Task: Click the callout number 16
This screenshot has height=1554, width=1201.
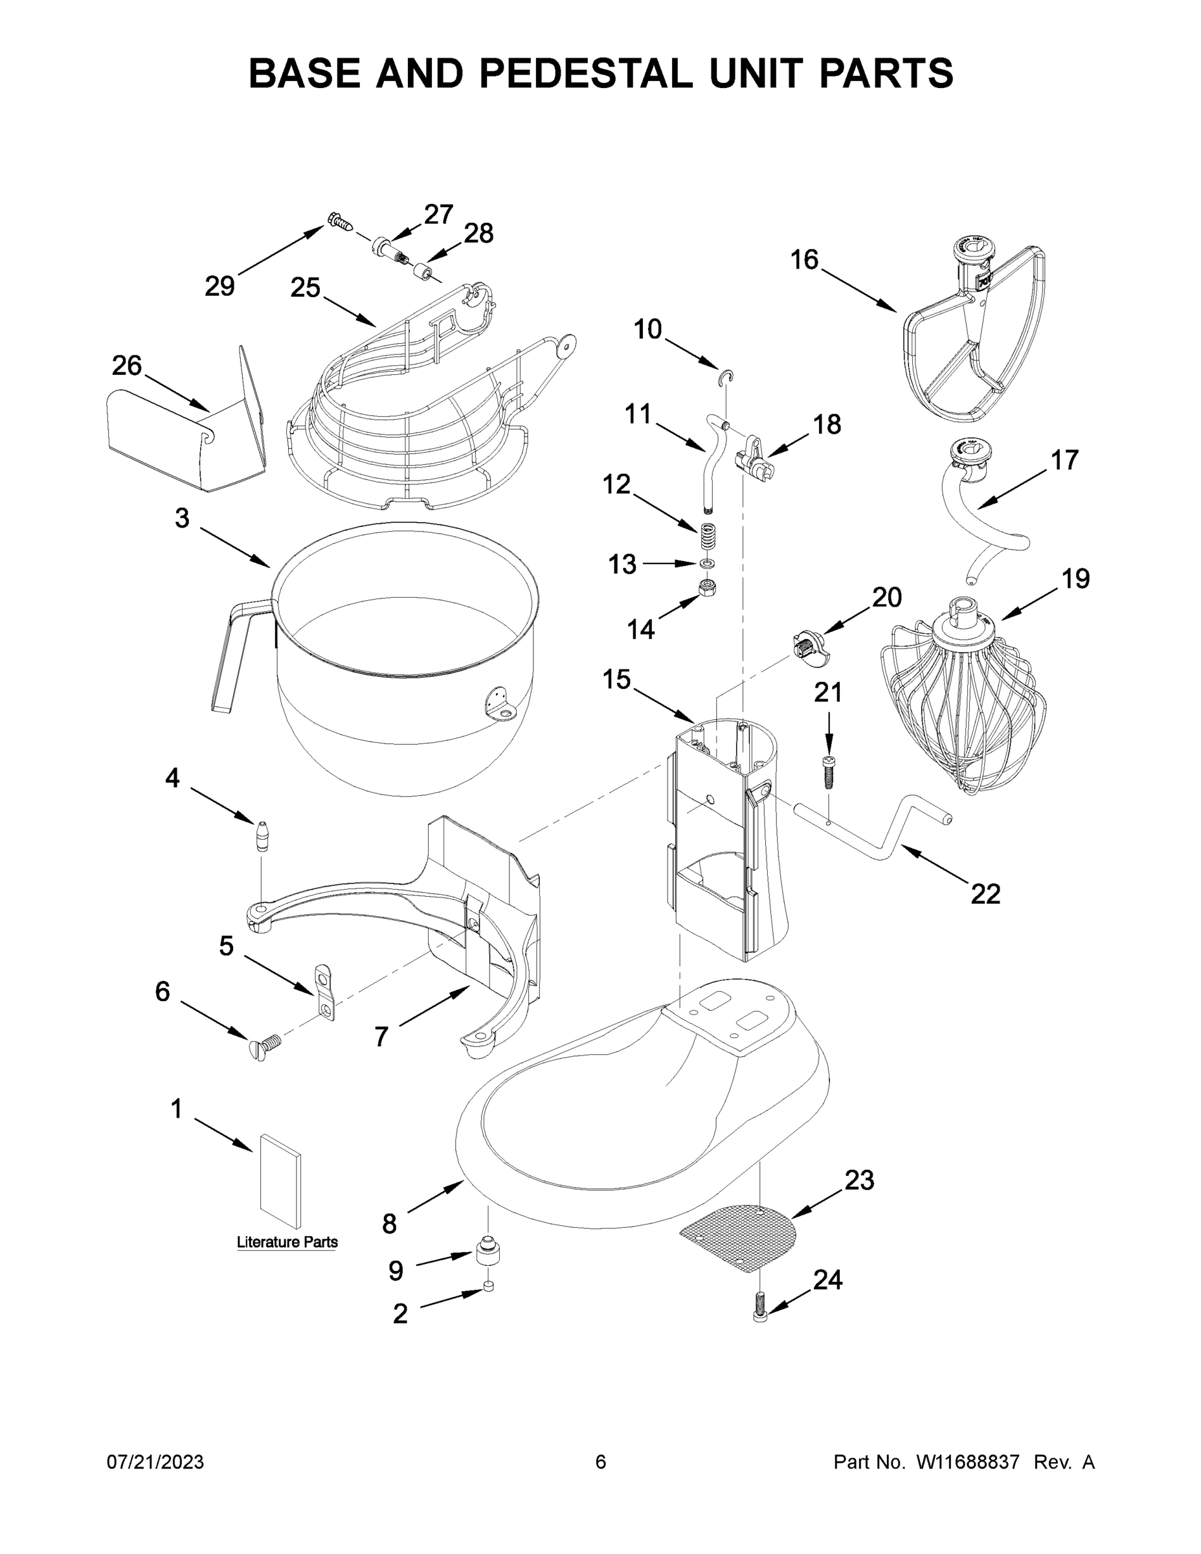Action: coord(804,260)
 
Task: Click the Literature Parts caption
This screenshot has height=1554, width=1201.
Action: coord(287,1243)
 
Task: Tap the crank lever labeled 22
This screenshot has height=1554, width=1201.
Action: coord(875,833)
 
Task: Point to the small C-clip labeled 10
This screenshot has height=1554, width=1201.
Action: coord(726,378)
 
